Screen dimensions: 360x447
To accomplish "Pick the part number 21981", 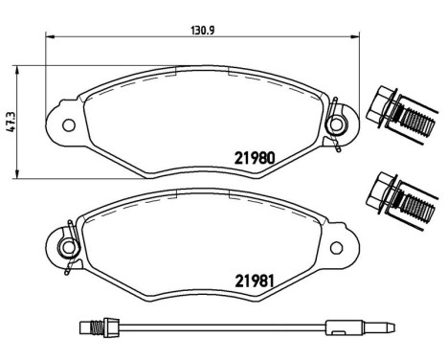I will click(257, 281).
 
